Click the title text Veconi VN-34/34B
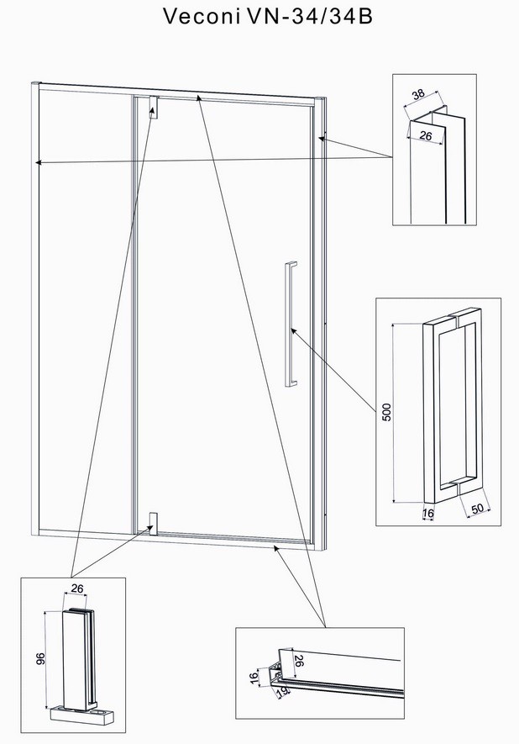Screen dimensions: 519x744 [x=268, y=16]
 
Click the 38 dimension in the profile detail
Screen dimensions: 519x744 [x=418, y=94]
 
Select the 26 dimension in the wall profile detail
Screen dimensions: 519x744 [x=426, y=136]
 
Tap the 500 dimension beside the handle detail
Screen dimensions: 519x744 [x=387, y=412]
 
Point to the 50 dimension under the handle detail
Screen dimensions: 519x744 [x=477, y=508]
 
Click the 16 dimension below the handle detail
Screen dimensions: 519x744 [x=428, y=514]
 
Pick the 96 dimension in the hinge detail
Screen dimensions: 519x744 [x=40, y=658]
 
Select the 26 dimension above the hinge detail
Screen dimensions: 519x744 [x=76, y=588]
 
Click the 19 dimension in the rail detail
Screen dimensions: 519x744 [x=281, y=692]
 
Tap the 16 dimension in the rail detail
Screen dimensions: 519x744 [x=254, y=676]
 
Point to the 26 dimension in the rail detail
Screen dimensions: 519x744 [x=298, y=661]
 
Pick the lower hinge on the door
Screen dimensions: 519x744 [x=153, y=524]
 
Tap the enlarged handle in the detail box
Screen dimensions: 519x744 [x=453, y=406]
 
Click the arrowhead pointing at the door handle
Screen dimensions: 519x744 [x=294, y=330]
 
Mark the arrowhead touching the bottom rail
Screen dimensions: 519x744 [x=276, y=549]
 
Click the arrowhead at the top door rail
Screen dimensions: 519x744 [x=198, y=98]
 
